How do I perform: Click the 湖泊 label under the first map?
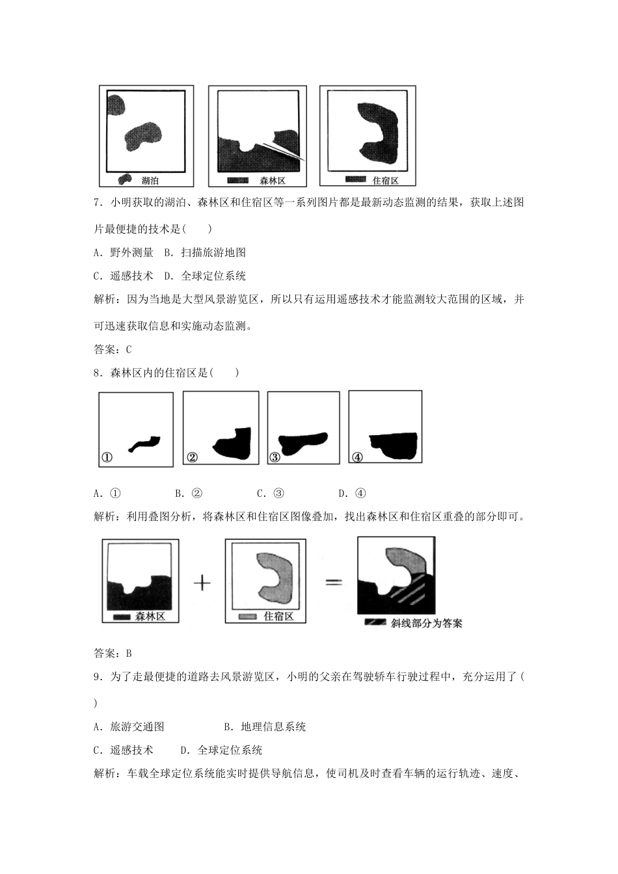[150, 180]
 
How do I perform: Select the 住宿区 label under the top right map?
[385, 180]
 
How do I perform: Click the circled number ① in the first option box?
[107, 457]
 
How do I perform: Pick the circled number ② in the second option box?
[192, 457]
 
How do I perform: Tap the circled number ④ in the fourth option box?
[357, 457]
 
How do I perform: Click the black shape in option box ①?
[144, 444]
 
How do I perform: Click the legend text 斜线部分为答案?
[426, 623]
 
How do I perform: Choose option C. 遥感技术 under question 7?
[124, 276]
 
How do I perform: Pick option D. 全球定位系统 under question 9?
[221, 750]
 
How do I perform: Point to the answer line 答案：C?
[113, 349]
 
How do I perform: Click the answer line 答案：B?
[113, 653]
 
